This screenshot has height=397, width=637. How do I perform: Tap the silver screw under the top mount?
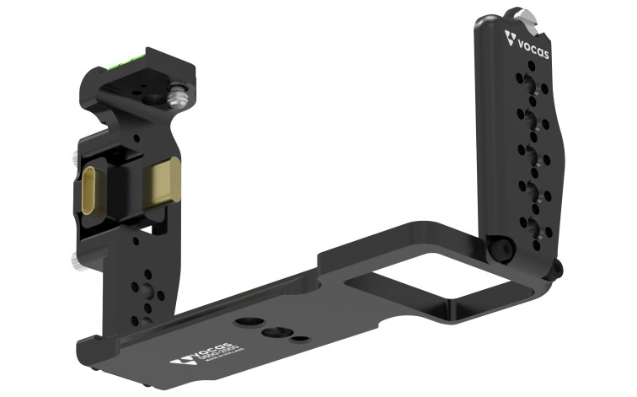(179, 99)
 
